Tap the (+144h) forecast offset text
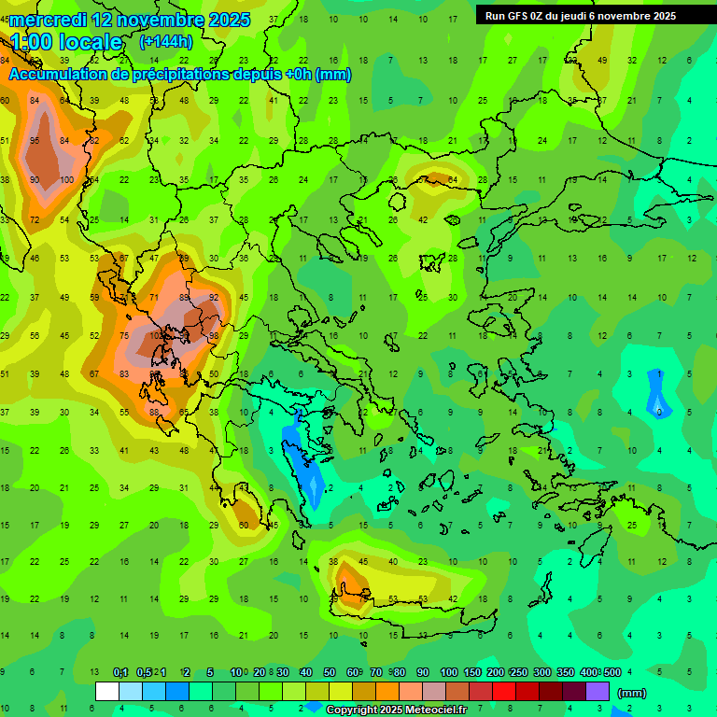166,41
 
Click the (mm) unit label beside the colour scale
632,693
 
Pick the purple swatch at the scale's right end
597,692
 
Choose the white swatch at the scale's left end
107,692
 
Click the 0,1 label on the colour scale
120,672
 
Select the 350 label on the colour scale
566,672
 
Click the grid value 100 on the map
66,180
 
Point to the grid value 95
35,141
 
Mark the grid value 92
214,298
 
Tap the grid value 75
124,336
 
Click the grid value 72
35,220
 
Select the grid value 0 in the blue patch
658,412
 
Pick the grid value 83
124,374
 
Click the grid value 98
214,336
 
